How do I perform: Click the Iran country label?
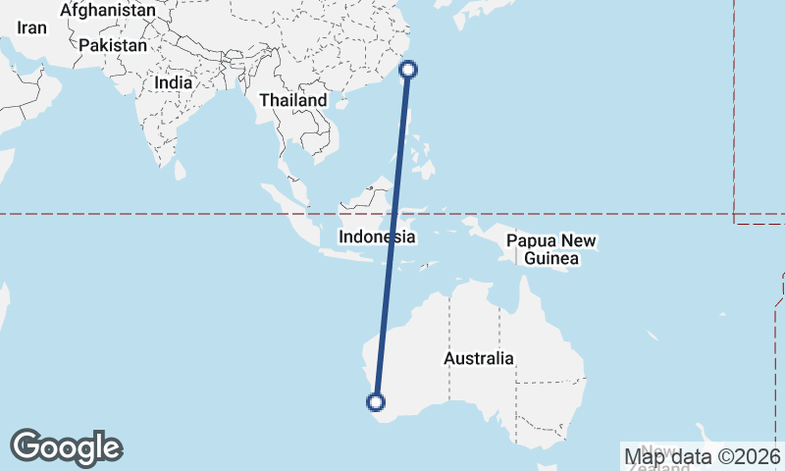coord(31,28)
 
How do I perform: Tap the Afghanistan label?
coord(107,10)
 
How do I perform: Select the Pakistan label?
coord(113,45)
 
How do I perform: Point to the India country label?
coord(173,83)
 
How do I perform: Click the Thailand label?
coord(292,100)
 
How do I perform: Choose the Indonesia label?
coord(376,236)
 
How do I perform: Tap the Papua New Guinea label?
coord(550,250)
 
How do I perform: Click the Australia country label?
coord(478,358)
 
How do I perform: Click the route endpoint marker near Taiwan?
coord(409,69)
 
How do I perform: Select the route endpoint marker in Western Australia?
coord(375,400)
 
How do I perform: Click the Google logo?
coord(66,447)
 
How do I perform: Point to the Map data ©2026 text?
coord(702,455)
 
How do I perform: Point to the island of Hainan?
coord(341,103)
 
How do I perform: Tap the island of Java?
coord(343,254)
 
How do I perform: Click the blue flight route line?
coord(392,235)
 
